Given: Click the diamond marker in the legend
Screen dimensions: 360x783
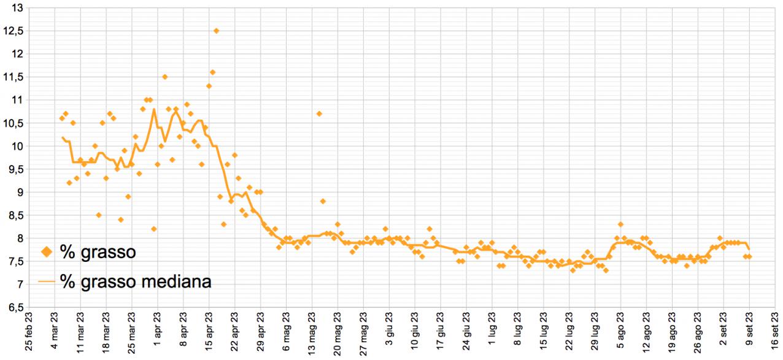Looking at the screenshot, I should click(46, 251).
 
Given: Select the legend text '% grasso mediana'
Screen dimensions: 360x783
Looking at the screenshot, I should click(136, 281).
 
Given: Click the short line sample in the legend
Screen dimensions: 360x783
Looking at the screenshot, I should click(47, 281).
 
